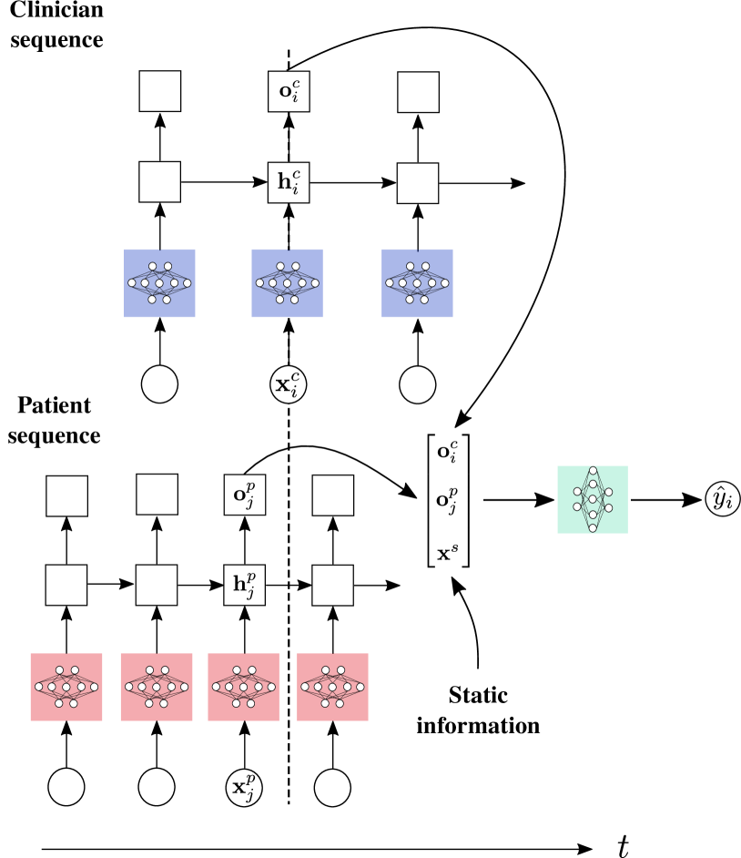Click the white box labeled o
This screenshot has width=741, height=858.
[x=289, y=91]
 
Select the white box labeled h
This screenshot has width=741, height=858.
[x=289, y=182]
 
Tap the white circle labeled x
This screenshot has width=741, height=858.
[x=289, y=384]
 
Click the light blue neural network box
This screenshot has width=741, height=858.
[x=288, y=283]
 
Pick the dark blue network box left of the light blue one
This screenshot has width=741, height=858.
[x=159, y=283]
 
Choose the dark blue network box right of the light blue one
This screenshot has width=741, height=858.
[x=417, y=283]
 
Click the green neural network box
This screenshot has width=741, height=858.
[x=593, y=499]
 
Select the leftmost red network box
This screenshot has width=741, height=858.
[x=66, y=687]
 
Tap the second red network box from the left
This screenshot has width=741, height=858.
[x=157, y=687]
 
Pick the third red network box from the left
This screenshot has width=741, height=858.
[x=244, y=687]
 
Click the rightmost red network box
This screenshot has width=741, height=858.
[x=332, y=687]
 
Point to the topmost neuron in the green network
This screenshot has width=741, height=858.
[x=593, y=471]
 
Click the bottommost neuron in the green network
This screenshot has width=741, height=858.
[x=593, y=528]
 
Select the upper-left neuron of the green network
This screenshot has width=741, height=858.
[x=577, y=492]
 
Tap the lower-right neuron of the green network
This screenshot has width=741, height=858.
[x=608, y=508]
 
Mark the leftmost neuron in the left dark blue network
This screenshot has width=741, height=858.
[x=132, y=283]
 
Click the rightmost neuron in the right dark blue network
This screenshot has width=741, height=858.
[x=445, y=283]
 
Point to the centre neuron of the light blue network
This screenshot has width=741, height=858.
[x=288, y=283]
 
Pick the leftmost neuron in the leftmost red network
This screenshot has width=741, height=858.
[x=38, y=687]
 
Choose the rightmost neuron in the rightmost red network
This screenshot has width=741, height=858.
[x=360, y=687]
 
